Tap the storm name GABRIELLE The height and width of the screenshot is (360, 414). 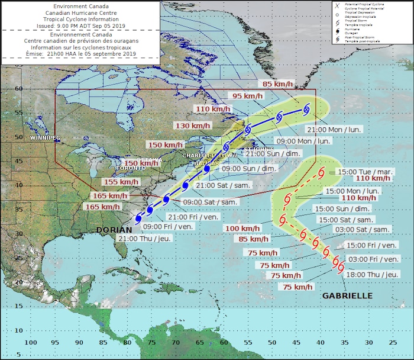click(x=347, y=295)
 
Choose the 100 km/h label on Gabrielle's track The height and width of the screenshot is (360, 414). click(x=242, y=228)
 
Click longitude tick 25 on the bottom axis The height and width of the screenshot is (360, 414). click(x=393, y=342)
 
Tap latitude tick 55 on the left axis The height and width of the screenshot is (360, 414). click(x=18, y=112)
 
